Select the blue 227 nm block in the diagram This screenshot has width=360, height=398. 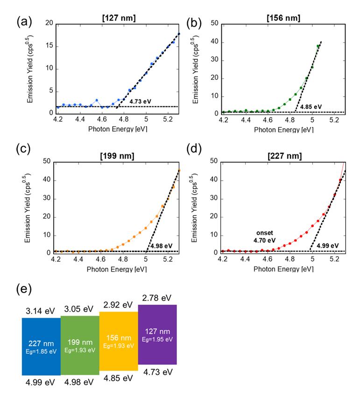coord(41,346)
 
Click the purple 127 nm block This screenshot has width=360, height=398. coord(157,334)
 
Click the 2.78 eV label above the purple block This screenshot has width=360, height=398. coord(155,296)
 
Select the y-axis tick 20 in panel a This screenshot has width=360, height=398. coord(48,23)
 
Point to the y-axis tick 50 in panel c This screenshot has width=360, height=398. coord(48,161)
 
